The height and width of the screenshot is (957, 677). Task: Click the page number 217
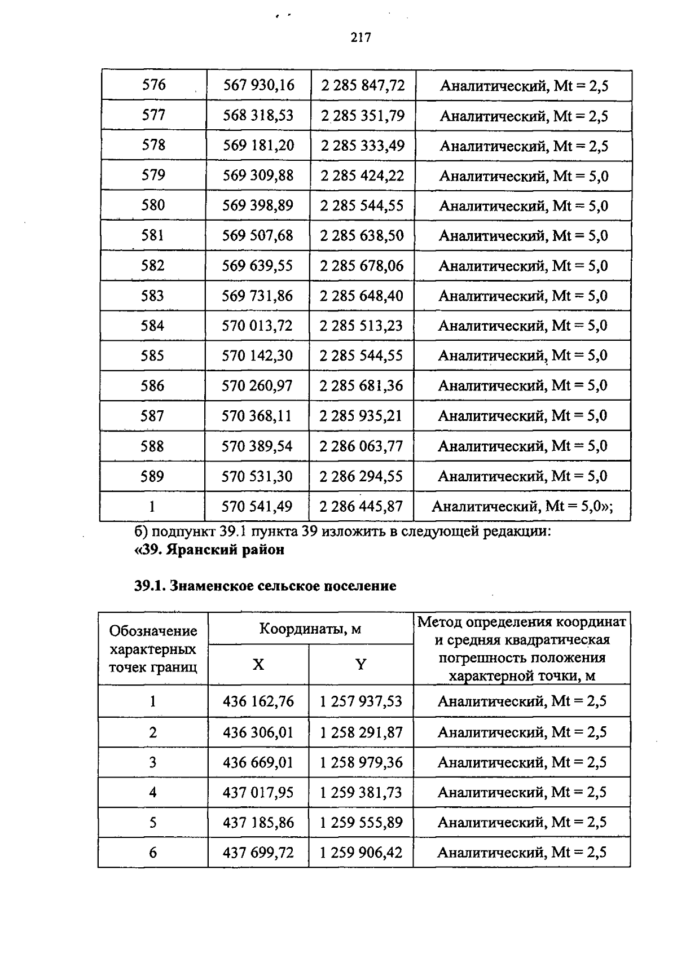(x=361, y=38)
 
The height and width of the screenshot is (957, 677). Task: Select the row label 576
(x=154, y=85)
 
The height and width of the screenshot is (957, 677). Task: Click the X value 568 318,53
(x=258, y=116)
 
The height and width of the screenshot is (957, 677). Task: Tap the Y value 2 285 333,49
(x=363, y=146)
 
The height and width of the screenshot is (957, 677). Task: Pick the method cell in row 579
(x=524, y=176)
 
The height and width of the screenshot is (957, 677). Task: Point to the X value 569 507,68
(x=258, y=235)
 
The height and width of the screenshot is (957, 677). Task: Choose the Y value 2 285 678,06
(x=362, y=266)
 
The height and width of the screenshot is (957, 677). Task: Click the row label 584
(x=153, y=326)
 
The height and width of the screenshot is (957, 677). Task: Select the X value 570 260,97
(x=257, y=386)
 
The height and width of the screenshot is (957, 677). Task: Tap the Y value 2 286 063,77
(x=361, y=446)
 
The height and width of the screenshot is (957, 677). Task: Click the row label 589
(x=152, y=477)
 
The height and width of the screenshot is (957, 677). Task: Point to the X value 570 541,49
(x=257, y=507)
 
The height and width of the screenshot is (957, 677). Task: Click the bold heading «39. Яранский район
(x=209, y=550)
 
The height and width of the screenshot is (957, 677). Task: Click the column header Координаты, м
(x=310, y=629)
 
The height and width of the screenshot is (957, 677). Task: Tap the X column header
(x=258, y=665)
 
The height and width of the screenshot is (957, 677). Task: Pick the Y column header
(x=361, y=665)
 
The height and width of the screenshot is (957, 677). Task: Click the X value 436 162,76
(x=258, y=701)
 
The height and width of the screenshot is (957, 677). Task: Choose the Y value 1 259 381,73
(x=361, y=793)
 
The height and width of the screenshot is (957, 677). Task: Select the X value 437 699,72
(x=258, y=853)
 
